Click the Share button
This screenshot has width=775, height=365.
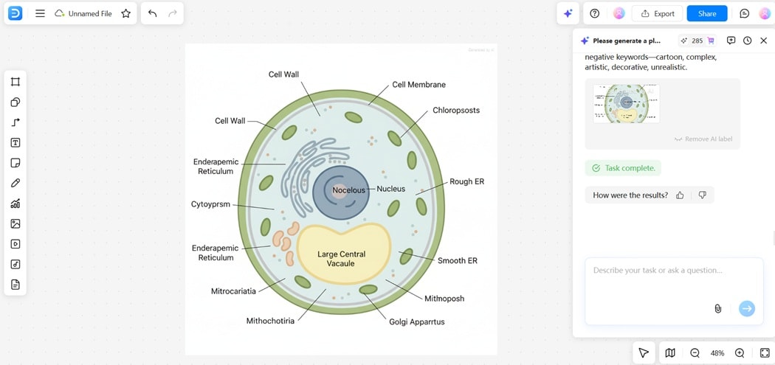tap(706, 13)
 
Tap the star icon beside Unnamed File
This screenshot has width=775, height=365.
tap(125, 13)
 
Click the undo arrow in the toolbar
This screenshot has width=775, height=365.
tap(152, 13)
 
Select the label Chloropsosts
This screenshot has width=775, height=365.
tap(455, 111)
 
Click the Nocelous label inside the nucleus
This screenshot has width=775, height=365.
tap(348, 190)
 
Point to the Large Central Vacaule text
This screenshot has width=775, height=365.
tap(341, 259)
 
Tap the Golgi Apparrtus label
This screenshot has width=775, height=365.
tap(416, 321)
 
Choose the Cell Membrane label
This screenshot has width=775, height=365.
tap(418, 85)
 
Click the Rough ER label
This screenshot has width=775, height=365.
tap(466, 181)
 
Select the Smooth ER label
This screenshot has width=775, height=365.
tap(457, 260)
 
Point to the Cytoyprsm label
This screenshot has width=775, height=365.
tap(210, 204)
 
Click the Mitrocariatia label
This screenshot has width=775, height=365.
tap(233, 291)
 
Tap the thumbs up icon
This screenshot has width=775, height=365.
tap(680, 195)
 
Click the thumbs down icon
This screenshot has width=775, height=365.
tap(702, 195)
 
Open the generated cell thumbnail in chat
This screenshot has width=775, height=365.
tap(626, 103)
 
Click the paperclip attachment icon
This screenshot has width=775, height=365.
tap(717, 308)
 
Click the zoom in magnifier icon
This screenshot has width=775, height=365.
tap(740, 353)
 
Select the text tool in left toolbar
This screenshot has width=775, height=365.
tap(15, 143)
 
